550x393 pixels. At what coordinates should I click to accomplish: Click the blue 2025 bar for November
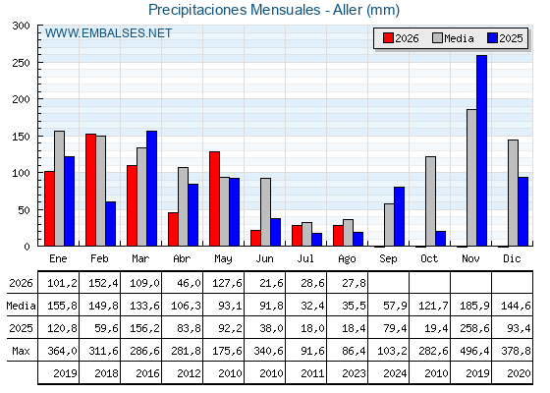pos(481,150)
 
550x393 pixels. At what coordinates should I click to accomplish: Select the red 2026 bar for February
pos(90,190)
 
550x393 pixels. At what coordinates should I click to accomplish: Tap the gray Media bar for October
pos(430,201)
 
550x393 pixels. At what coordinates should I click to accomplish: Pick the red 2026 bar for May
pos(215,198)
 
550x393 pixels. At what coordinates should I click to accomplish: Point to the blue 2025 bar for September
pos(399,216)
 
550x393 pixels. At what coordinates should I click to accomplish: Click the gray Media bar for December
pos(513,193)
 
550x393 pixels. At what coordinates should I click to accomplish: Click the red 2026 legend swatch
pos(388,38)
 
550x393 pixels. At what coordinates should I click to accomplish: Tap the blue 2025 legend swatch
pos(492,38)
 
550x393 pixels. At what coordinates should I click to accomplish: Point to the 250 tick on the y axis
pos(21,63)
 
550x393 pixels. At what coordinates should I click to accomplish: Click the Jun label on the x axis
pos(264,259)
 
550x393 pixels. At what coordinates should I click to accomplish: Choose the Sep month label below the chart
pos(388,259)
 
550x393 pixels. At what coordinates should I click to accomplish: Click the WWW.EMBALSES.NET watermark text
pos(108,33)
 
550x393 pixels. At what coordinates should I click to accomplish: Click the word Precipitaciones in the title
pos(197,10)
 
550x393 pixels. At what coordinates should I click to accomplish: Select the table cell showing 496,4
pos(471,351)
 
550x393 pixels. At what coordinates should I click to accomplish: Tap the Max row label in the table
pos(21,351)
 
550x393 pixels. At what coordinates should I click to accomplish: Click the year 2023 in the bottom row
pos(354,373)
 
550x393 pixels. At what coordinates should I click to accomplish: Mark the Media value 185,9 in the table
pos(474,306)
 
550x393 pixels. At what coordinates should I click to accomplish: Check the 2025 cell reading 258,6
pos(474,328)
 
